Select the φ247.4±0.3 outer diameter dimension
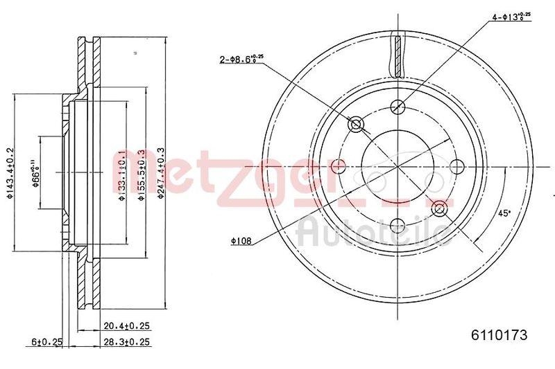[161, 172]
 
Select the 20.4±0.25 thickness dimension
[127, 325]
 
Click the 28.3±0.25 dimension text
[127, 341]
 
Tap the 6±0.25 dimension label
[48, 341]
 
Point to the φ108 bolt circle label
[241, 241]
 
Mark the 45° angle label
[504, 214]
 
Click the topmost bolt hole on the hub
[398, 107]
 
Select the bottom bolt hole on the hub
[398, 225]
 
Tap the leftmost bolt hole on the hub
[339, 166]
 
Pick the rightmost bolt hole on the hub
[457, 166]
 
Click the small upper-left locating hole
[357, 125]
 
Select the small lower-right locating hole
[438, 208]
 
